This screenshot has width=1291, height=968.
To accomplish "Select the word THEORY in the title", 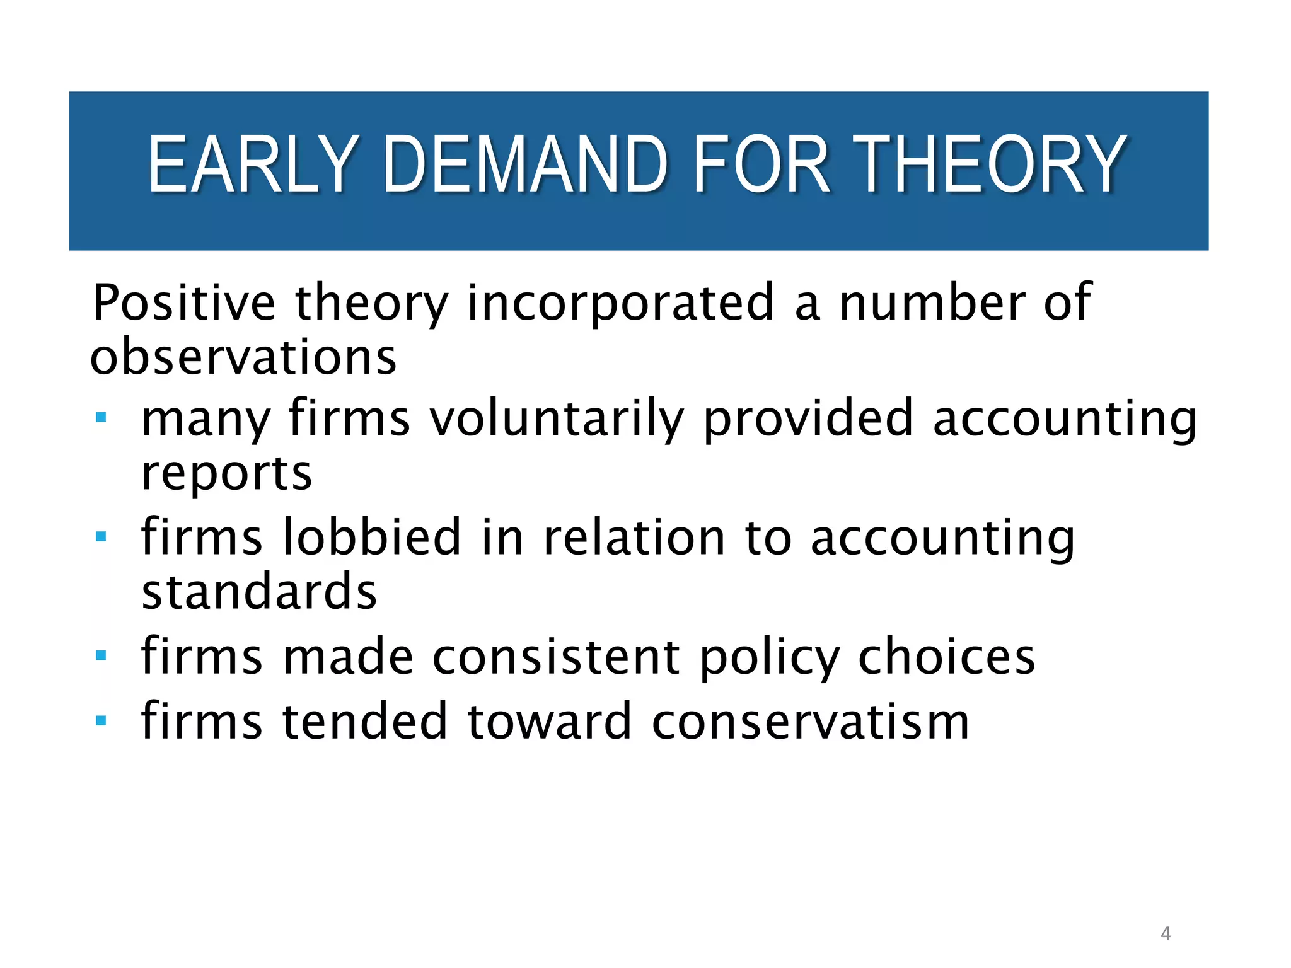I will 990,164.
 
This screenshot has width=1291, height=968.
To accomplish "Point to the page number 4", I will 1166,933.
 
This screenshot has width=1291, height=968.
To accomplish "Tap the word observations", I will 243,357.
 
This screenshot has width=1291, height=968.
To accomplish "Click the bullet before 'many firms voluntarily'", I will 101,417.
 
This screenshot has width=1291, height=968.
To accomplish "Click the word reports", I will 226,473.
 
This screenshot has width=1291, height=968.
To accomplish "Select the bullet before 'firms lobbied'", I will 101,536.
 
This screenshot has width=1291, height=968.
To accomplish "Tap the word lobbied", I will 372,537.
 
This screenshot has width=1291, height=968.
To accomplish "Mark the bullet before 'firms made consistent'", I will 101,655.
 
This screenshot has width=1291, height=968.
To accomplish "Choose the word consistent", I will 557,657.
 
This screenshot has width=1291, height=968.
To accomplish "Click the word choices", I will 947,657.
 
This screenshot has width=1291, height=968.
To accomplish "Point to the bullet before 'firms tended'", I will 101,720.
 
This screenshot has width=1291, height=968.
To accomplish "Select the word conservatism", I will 810,722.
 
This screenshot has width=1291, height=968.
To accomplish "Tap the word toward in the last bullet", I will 549,721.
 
